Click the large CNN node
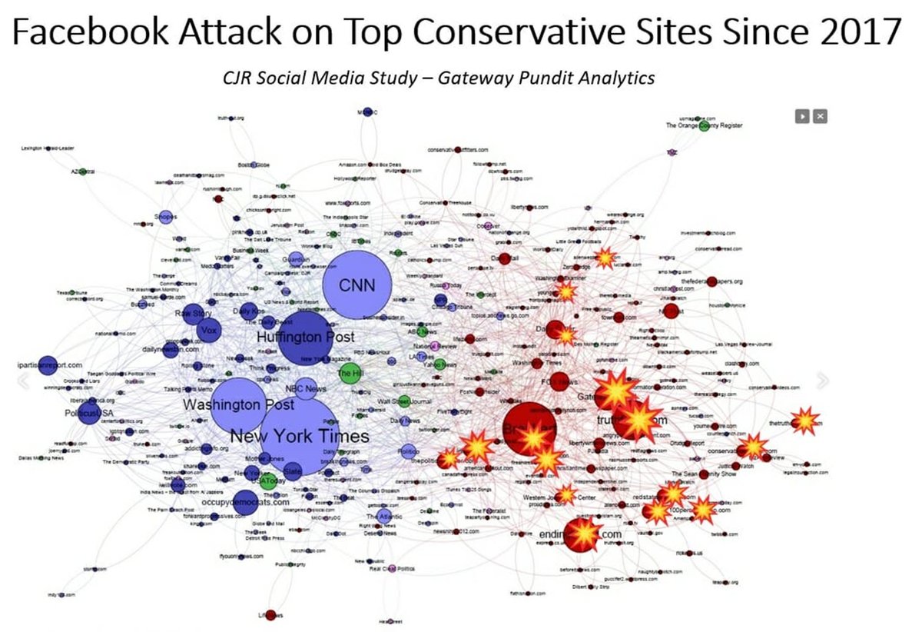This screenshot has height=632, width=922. [x=357, y=285]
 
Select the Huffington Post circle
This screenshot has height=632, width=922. [x=306, y=338]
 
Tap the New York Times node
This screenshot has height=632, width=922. [x=299, y=436]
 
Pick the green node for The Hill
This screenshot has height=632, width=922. [x=350, y=374]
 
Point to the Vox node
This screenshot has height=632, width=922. [x=208, y=331]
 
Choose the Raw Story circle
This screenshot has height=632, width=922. [x=192, y=314]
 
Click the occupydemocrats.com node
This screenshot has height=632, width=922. [x=245, y=501]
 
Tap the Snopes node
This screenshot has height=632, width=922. [x=165, y=218]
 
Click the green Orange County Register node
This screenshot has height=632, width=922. [x=705, y=125]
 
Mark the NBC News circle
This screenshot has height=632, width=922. [x=305, y=389]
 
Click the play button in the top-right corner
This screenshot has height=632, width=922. [x=802, y=116]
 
